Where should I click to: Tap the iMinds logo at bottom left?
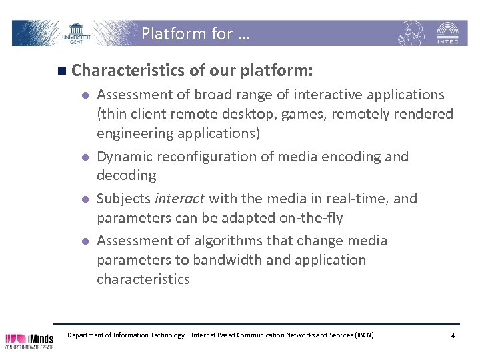pyautogui.click(x=29, y=340)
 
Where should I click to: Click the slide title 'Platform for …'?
pyautogui.click(x=195, y=33)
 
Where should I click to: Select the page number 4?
pyautogui.click(x=453, y=335)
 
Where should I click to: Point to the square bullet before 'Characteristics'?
pyautogui.click(x=62, y=71)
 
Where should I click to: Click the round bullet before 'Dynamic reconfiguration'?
pyautogui.click(x=85, y=157)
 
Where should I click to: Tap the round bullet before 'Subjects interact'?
pyautogui.click(x=85, y=199)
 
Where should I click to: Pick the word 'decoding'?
pyautogui.click(x=127, y=175)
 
